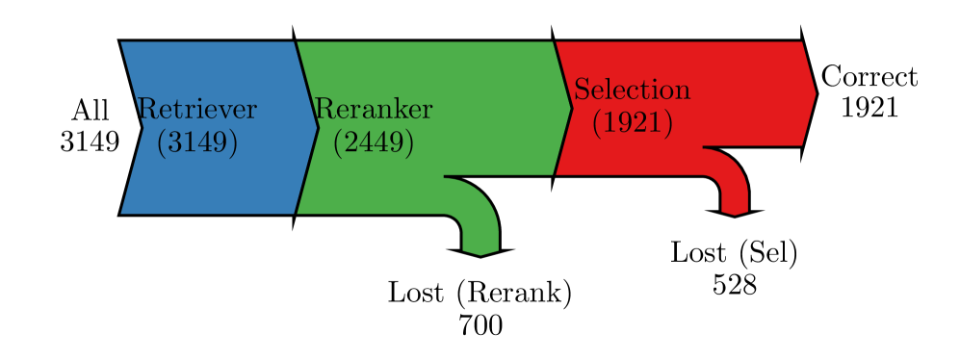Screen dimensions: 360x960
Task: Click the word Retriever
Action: pyautogui.click(x=198, y=109)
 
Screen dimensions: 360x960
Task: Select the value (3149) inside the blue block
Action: pyautogui.click(x=196, y=142)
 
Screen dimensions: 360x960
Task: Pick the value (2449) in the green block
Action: pyautogui.click(x=374, y=142)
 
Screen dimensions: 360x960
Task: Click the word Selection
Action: pyautogui.click(x=633, y=90)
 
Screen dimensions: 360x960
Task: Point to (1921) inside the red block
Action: pyautogui.click(x=633, y=122)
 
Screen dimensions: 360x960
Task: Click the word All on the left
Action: pyautogui.click(x=90, y=111)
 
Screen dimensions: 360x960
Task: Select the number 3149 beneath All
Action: pyautogui.click(x=90, y=142)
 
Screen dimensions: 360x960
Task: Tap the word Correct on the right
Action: pyautogui.click(x=869, y=77)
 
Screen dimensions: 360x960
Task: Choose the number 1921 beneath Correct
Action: pyautogui.click(x=869, y=108)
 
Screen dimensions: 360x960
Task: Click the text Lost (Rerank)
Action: pyautogui.click(x=480, y=293)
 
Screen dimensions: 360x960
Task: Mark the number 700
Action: pyautogui.click(x=480, y=325)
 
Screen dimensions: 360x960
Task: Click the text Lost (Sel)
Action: pyautogui.click(x=735, y=252)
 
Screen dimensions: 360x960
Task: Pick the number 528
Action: pyautogui.click(x=735, y=285)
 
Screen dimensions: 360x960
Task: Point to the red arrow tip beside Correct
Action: pyautogui.click(x=810, y=93)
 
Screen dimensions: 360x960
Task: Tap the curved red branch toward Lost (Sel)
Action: pyautogui.click(x=732, y=173)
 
